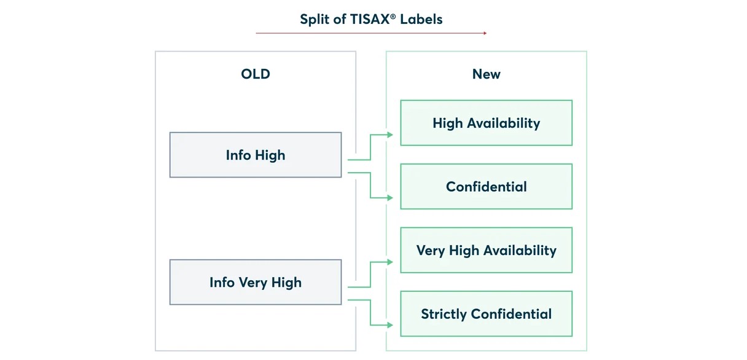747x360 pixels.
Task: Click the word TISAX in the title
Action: [x=369, y=19]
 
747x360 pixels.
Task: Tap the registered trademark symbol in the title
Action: [x=393, y=16]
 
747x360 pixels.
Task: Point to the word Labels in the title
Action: [x=421, y=19]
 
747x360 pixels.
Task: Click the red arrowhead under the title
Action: [x=485, y=33]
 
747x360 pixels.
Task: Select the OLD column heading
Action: [x=256, y=74]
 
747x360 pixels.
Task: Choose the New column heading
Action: [x=486, y=74]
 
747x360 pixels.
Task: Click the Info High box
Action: [x=256, y=155]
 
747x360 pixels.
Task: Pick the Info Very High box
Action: [x=256, y=282]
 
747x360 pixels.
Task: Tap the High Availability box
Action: [x=486, y=123]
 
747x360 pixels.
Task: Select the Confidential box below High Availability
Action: [x=486, y=187]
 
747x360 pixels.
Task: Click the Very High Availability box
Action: [x=486, y=250]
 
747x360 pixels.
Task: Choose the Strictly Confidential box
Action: [x=486, y=314]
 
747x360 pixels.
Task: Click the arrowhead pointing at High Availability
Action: [x=390, y=135]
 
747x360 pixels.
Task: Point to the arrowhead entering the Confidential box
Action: [x=390, y=198]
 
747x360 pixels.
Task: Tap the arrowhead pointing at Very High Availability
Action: [x=390, y=262]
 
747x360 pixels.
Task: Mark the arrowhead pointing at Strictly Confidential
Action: [x=390, y=325]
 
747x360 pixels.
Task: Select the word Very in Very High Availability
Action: [x=431, y=251]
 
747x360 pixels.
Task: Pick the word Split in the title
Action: [x=315, y=19]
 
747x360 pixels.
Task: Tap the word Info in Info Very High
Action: [x=222, y=282]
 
